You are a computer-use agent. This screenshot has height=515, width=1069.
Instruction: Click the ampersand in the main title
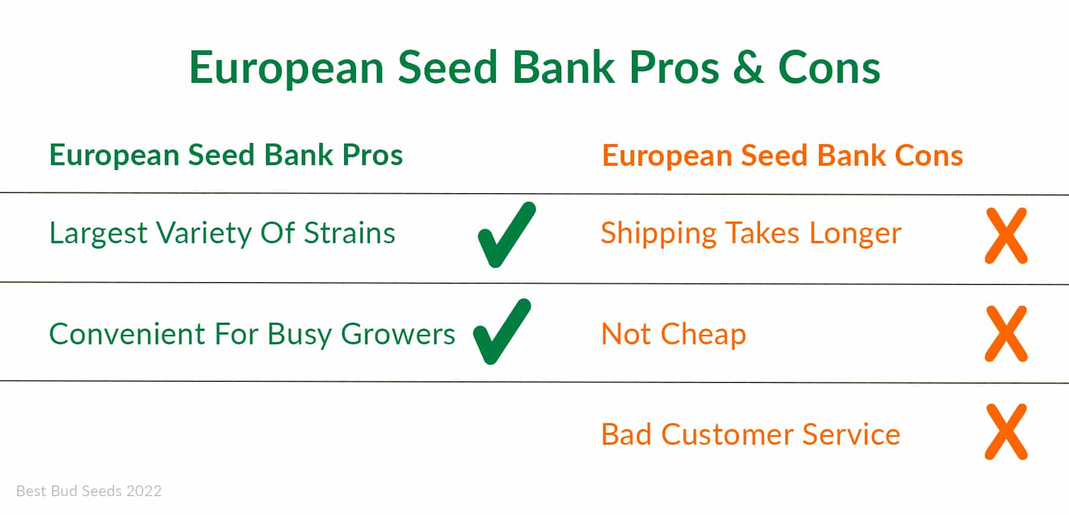(x=748, y=67)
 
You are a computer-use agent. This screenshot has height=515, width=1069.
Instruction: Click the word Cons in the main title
(x=829, y=67)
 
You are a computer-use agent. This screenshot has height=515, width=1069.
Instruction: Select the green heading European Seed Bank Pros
(x=226, y=156)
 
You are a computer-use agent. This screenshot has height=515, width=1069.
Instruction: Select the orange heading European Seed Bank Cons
(x=783, y=156)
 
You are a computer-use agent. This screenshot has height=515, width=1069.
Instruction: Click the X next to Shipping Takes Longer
(x=1006, y=235)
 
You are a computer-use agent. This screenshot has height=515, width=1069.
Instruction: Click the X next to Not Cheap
(x=1006, y=333)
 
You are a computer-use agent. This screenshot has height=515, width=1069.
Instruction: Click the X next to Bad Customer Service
(x=1006, y=431)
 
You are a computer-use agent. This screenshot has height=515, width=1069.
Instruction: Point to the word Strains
(x=349, y=233)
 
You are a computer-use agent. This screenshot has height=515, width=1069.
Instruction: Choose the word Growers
(x=398, y=334)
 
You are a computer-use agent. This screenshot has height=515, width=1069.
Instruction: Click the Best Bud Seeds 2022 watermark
(x=89, y=491)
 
